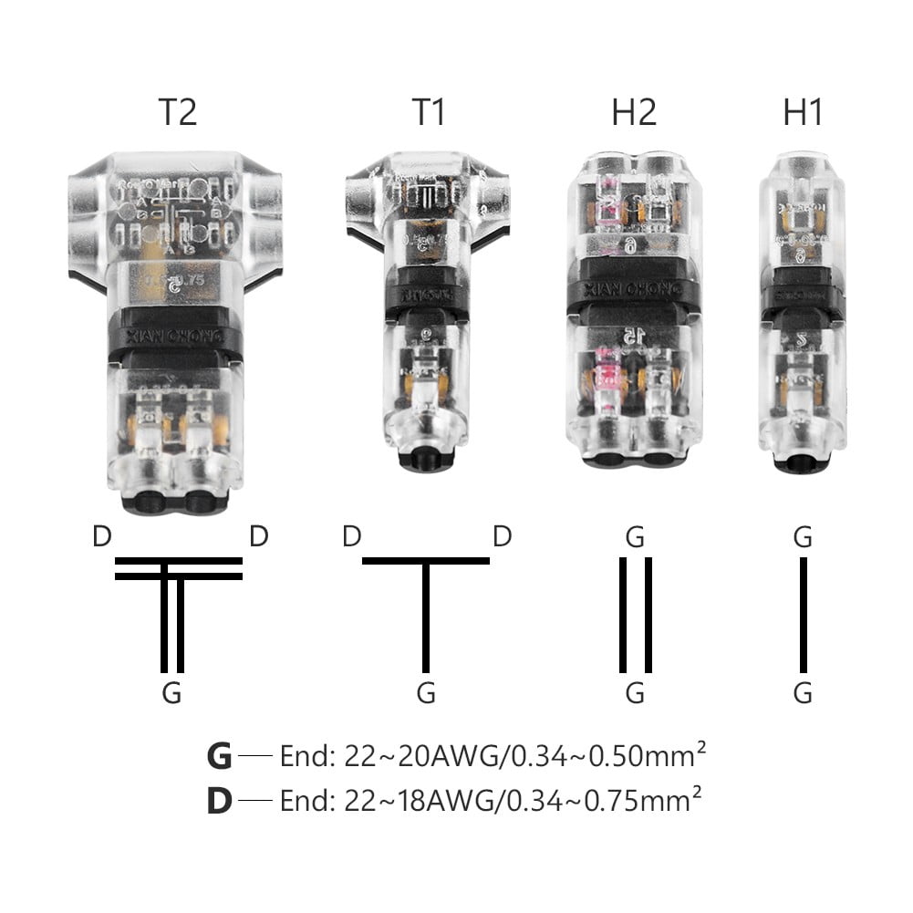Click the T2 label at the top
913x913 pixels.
click(177, 112)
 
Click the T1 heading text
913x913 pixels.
click(429, 112)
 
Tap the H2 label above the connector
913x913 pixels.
click(634, 112)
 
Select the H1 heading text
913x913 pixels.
click(803, 112)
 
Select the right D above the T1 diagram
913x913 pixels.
click(502, 536)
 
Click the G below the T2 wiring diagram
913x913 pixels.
click(171, 694)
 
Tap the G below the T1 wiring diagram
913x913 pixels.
click(426, 694)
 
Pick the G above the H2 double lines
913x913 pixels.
click(635, 537)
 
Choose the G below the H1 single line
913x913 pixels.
click(803, 694)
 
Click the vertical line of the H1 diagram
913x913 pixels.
click(803, 613)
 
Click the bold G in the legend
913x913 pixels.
click(220, 757)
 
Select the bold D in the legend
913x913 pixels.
click(220, 800)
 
